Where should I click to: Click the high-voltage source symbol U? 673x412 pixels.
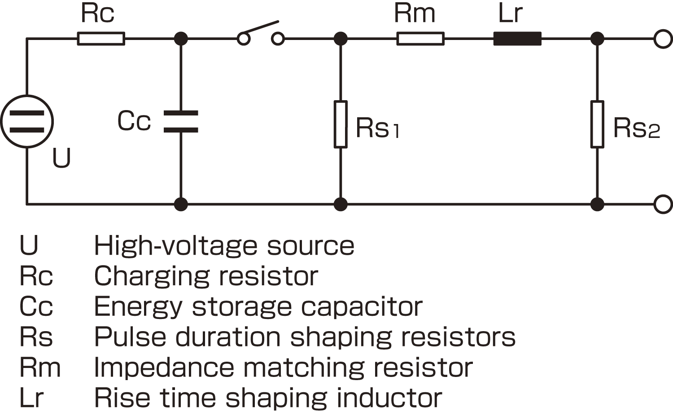tap(27, 121)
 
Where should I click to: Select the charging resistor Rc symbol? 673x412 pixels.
tap(101, 39)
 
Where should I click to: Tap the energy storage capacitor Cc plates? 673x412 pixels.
tap(181, 121)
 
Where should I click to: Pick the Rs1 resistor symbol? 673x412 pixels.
tap(341, 124)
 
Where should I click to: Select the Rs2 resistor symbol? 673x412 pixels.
tap(597, 124)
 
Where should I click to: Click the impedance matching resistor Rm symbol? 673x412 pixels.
tap(420, 39)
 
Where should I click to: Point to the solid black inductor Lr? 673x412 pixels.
tap(517, 39)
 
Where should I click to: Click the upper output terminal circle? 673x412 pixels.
tap(663, 39)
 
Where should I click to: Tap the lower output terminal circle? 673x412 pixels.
tap(663, 204)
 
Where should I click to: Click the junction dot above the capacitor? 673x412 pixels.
tap(181, 39)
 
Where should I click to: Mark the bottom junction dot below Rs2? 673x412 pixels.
tap(597, 204)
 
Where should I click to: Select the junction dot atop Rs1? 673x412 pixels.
tap(341, 39)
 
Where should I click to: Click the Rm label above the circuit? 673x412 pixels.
tap(415, 13)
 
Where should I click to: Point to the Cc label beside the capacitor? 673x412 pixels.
tap(134, 121)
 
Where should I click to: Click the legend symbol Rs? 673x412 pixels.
tap(36, 337)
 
